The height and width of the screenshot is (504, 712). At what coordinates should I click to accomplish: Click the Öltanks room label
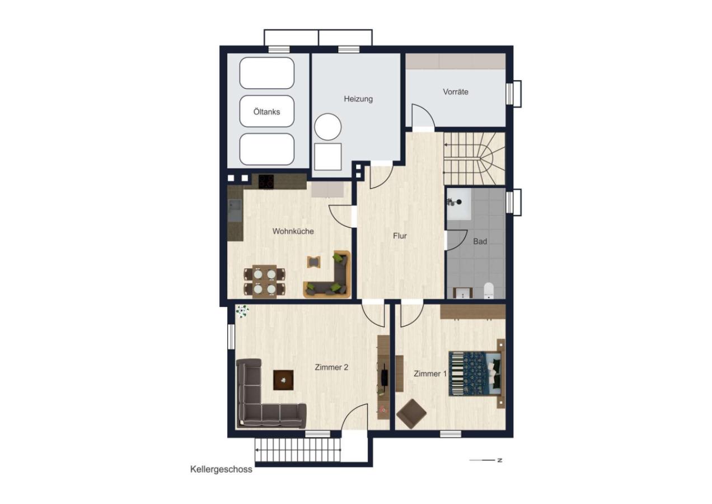tap(266, 112)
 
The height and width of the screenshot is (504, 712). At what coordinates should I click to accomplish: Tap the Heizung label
tap(358, 99)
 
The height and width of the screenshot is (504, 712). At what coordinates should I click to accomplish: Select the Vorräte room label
tap(456, 92)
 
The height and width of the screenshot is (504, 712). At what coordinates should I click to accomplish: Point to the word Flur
tap(400, 236)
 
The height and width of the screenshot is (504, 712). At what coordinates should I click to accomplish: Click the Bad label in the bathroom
tap(480, 241)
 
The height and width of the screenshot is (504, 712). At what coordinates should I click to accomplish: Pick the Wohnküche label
tap(293, 231)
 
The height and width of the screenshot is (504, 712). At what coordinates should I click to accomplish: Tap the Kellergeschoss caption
tap(221, 469)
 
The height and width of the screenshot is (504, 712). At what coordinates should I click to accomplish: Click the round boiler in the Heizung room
tap(328, 127)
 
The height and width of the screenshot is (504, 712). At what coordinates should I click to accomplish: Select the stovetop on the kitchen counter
tap(266, 182)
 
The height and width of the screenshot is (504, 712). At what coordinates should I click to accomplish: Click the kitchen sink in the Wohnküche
tap(235, 210)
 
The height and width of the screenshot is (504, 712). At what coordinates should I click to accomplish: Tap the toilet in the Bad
tap(489, 290)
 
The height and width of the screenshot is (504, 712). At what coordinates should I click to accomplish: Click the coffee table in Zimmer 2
tap(284, 380)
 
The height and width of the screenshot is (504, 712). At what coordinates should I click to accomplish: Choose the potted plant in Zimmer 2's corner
tap(242, 311)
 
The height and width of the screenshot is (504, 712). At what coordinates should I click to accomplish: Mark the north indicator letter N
tap(500, 460)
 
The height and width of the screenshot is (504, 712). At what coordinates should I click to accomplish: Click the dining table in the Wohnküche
tap(264, 282)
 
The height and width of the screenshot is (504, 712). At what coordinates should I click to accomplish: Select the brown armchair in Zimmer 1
tap(412, 414)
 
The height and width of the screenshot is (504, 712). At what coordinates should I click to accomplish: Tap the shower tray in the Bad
tap(460, 204)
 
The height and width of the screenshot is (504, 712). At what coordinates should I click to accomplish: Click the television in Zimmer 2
tap(385, 378)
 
